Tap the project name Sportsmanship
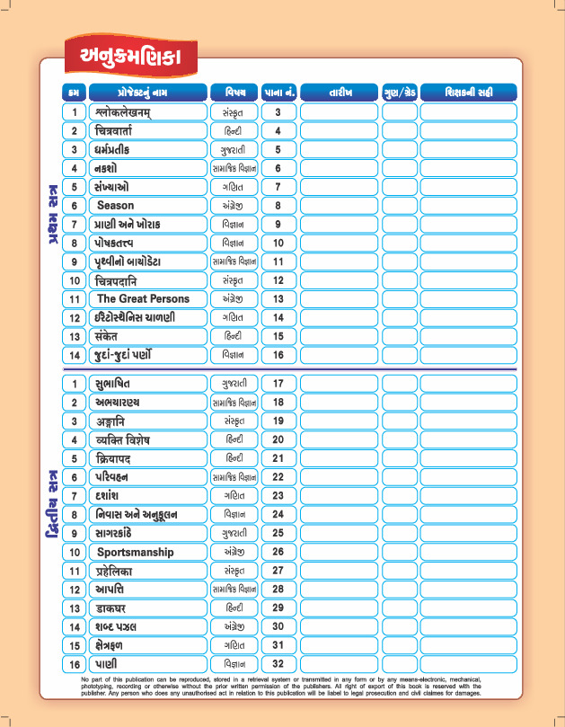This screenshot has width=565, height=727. [x=135, y=552]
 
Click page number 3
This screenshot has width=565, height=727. [x=278, y=112]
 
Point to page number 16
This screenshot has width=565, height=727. [x=278, y=355]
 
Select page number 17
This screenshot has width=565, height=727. [x=278, y=384]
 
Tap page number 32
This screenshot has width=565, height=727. [x=278, y=664]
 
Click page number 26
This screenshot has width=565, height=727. [x=278, y=552]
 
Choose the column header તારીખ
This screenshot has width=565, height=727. [x=340, y=92]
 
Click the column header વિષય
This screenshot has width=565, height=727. [x=234, y=92]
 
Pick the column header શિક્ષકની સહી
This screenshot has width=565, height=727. [x=468, y=92]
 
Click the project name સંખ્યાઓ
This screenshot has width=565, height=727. [x=110, y=187]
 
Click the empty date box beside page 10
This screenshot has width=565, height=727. [x=340, y=243]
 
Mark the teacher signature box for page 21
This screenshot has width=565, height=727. [x=468, y=458]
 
